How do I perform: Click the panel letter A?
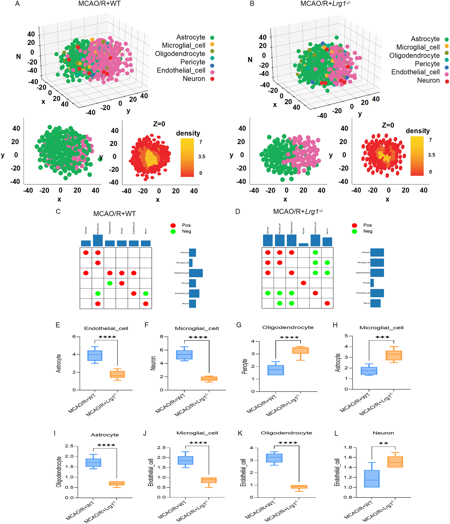17,4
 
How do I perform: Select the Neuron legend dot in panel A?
212,79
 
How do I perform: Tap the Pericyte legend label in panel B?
427,64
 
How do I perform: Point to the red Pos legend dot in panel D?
354,225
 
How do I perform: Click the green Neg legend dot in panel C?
173,231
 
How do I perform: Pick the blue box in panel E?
95,355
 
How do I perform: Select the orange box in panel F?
209,379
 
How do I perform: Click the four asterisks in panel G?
289,338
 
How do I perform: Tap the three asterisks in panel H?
382,337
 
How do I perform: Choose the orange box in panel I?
117,483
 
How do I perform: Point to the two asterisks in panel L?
383,444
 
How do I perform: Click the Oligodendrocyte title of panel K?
286,433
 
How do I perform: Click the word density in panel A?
188,133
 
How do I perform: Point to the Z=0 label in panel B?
388,125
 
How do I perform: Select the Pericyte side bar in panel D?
372,283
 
